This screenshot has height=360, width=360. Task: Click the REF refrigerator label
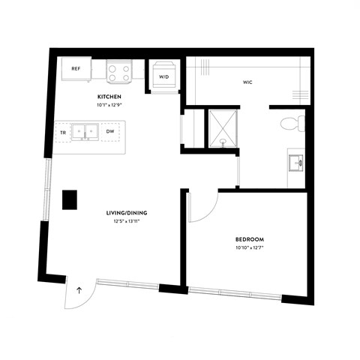tap(76, 69)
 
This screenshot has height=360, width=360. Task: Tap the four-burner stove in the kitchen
tap(118, 71)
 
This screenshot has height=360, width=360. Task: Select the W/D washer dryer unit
tap(163, 75)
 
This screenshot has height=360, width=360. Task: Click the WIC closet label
tap(247, 82)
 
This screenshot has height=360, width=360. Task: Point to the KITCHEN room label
tap(109, 97)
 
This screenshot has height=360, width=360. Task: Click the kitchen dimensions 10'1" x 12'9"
tap(109, 106)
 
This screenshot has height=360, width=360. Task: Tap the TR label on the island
tap(63, 132)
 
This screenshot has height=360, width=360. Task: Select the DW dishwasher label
tap(109, 132)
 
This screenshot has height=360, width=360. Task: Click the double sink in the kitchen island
tap(86, 132)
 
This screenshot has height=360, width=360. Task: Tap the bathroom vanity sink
tap(297, 162)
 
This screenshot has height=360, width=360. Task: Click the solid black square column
tap(70, 199)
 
